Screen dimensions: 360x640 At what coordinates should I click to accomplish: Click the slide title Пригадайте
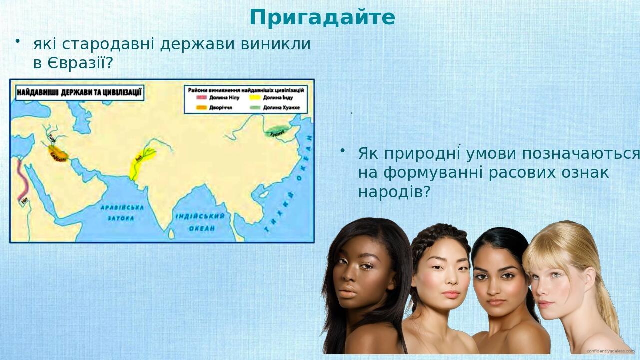click(x=322, y=18)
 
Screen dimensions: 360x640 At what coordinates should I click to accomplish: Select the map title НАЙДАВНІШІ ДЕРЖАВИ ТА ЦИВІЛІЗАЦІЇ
click(x=80, y=93)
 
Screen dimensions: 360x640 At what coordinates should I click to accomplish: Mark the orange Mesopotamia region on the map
click(x=57, y=152)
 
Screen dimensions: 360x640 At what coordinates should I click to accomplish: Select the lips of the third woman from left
click(x=496, y=302)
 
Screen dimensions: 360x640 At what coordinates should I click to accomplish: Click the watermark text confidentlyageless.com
click(x=610, y=351)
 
